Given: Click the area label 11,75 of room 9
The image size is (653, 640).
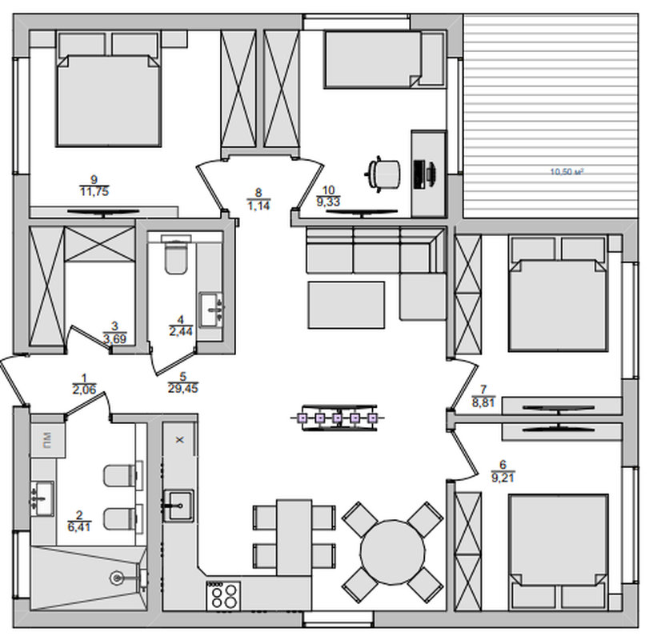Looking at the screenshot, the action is click(94, 191).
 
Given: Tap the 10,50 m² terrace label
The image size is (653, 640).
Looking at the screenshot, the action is click(567, 171).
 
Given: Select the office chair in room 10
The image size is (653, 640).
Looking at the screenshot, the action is click(383, 174).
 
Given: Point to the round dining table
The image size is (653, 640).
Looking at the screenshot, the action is click(393, 552).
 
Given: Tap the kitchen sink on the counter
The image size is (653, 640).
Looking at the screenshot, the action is click(178, 506).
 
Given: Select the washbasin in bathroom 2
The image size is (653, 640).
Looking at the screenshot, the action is click(43, 498).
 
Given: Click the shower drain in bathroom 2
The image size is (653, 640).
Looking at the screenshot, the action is click(117, 578).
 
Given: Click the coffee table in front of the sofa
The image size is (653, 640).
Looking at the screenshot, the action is click(346, 305).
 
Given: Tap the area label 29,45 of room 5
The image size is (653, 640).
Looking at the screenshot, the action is click(182, 389).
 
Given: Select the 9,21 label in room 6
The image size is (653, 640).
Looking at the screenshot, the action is click(503, 477).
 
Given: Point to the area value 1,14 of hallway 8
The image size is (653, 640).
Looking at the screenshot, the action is click(258, 206).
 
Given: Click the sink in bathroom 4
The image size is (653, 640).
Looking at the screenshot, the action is click(211, 310).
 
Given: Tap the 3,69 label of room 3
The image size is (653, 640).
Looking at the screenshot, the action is click(114, 338).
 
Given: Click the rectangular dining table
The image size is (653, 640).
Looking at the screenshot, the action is click(294, 538).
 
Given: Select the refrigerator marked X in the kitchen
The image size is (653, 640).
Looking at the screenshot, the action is click(179, 439).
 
